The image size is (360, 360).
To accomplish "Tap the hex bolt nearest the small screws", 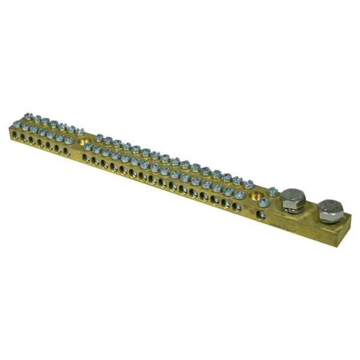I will click(293, 199).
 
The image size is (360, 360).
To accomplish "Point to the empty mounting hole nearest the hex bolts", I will click(256, 197).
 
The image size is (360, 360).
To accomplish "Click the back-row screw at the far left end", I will click(27, 117).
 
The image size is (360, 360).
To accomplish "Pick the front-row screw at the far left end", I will click(17, 125).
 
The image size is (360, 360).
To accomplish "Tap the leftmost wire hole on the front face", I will click(16, 136).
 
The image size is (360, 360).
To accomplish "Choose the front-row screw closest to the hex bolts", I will click(263, 202).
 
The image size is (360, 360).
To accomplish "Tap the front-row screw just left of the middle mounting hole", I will click(69, 140).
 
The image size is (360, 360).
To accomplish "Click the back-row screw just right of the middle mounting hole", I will click(99, 137).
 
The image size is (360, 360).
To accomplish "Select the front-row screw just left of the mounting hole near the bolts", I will click(239, 194).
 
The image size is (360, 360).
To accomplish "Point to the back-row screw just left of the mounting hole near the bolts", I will click(248, 184).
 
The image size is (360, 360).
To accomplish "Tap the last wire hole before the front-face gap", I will click(67, 152).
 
